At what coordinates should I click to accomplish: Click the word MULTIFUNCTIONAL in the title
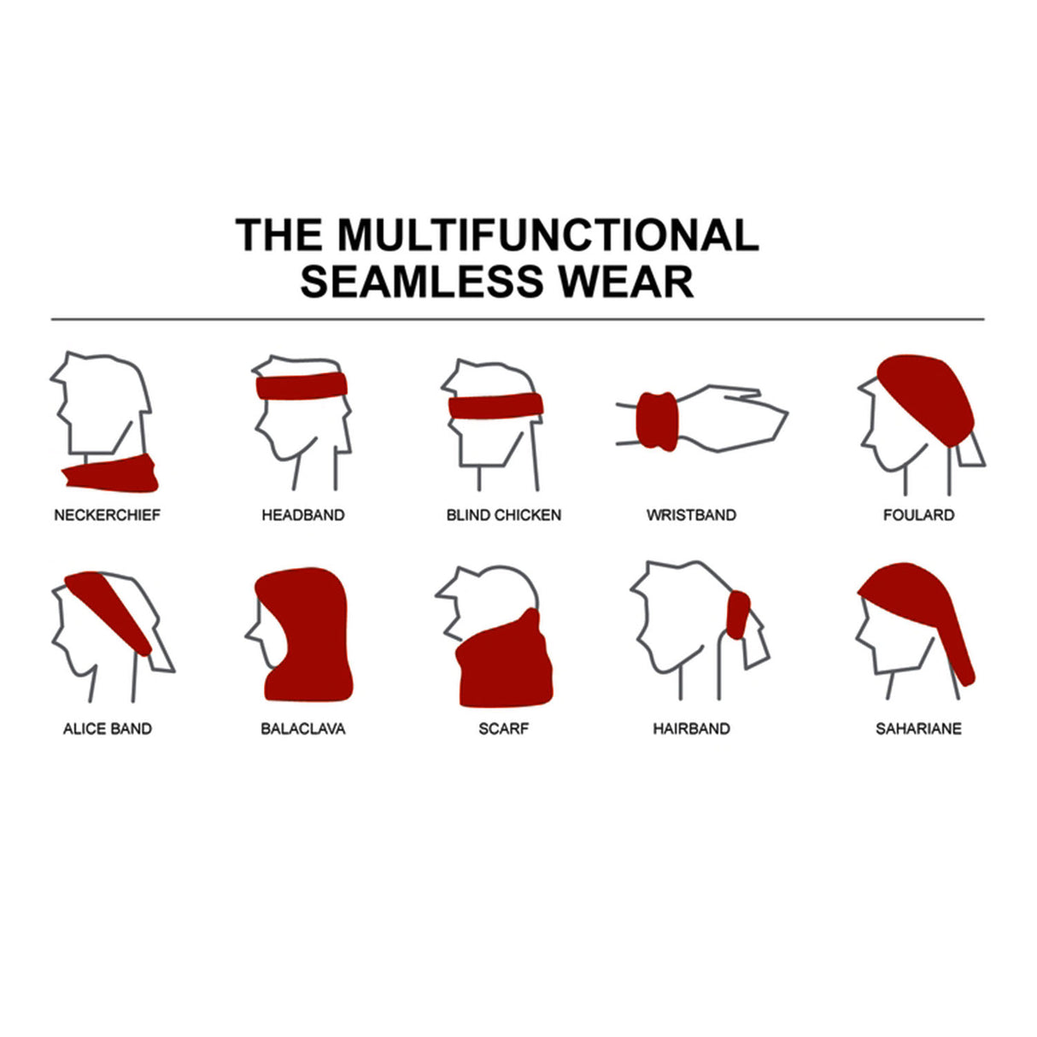(548, 235)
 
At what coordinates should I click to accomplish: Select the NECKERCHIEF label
(107, 515)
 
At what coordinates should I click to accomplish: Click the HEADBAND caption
(303, 515)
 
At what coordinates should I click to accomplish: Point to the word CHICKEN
(528, 515)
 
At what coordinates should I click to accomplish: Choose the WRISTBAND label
(691, 515)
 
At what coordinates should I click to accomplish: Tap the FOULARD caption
(918, 515)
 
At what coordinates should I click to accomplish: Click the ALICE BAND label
(108, 729)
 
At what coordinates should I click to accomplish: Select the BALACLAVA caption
(303, 729)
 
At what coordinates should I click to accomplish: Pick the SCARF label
(504, 729)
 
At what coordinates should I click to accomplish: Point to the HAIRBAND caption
(691, 729)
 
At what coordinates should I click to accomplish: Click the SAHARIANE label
(918, 729)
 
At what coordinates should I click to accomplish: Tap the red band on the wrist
(656, 421)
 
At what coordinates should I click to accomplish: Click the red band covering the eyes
(495, 406)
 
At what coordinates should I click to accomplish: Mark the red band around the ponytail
(738, 615)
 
